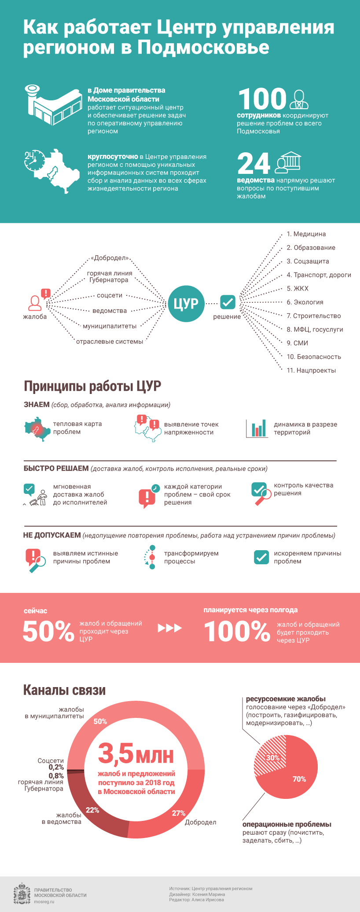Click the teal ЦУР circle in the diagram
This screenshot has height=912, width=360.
186,303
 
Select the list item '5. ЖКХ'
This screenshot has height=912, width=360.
298,289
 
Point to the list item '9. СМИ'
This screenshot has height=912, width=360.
297,343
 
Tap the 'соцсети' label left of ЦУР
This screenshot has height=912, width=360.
110,295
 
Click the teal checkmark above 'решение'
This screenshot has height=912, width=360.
228,302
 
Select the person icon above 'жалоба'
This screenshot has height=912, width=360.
35,303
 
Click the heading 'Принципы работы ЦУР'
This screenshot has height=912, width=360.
92,386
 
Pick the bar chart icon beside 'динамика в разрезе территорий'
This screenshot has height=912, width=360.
257,428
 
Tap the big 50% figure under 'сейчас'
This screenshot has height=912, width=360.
48,631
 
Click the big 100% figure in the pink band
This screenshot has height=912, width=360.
237,631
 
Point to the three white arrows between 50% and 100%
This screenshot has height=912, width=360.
170,628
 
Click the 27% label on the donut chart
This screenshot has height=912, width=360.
179,813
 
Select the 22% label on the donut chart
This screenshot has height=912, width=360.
92,810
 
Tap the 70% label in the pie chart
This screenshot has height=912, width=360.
299,779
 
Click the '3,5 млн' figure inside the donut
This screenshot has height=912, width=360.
136,754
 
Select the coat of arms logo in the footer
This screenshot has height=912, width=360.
22,894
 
